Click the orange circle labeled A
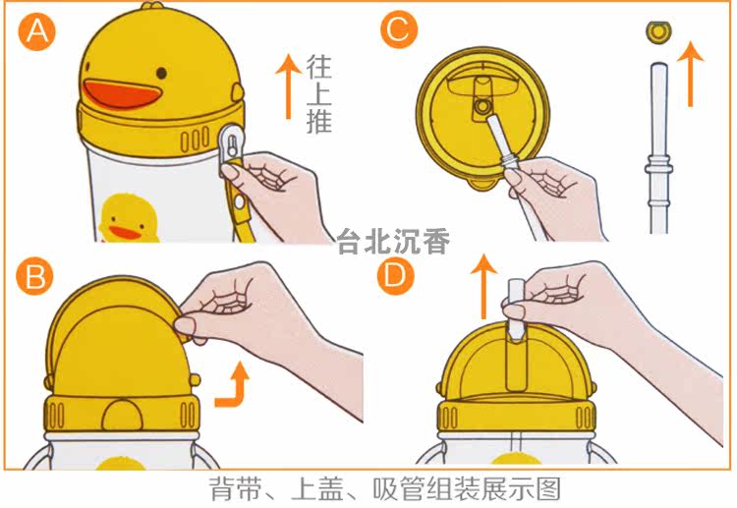36,31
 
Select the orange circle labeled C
399,29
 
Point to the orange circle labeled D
396,276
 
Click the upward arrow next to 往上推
288,86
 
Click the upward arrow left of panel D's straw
483,287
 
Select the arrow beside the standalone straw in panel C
690,74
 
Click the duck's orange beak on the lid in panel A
122,93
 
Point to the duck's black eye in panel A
161,74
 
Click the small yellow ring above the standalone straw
658,32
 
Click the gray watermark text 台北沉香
393,242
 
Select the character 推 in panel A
319,120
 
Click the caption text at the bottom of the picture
385,489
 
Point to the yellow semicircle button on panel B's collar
122,416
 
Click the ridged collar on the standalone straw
658,167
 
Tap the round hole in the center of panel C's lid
481,107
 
